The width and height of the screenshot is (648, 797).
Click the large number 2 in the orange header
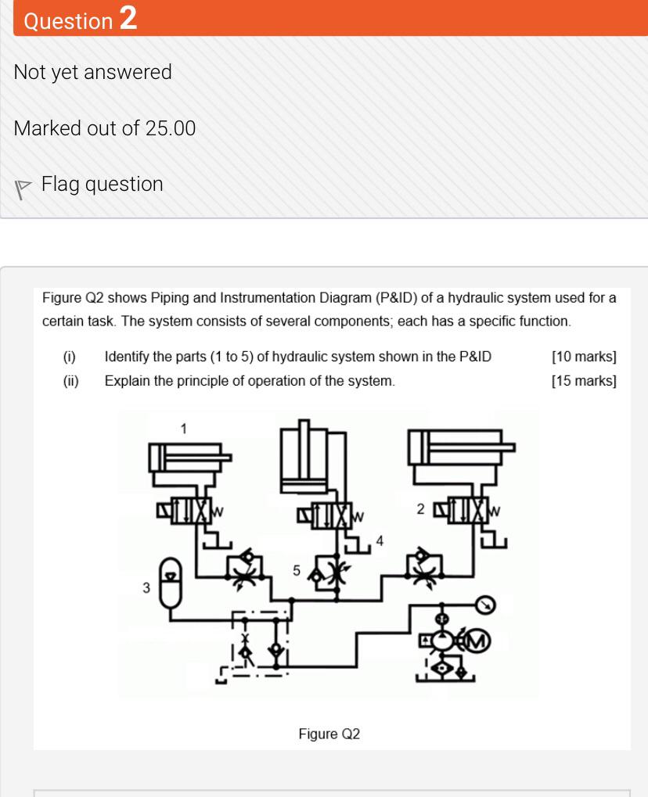point(128,18)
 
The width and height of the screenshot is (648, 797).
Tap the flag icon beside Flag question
point(23,186)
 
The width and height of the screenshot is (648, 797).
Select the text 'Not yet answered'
point(92,72)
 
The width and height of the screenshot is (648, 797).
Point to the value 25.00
point(170,128)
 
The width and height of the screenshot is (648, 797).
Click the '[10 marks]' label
point(584,357)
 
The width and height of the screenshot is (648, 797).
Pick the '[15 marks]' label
point(584,382)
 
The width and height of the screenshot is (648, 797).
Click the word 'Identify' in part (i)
point(127,357)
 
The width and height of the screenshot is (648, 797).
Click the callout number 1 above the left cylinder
point(183,428)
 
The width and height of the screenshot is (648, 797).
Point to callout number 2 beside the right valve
point(420,510)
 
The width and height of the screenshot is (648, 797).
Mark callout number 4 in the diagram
point(380,540)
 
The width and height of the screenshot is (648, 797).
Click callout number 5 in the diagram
point(297,571)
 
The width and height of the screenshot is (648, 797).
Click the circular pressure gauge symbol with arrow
point(485,605)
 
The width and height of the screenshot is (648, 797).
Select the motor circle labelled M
point(477,642)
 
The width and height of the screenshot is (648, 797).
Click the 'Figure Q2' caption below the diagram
point(329,734)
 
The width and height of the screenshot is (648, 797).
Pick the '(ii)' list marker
point(70,382)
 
